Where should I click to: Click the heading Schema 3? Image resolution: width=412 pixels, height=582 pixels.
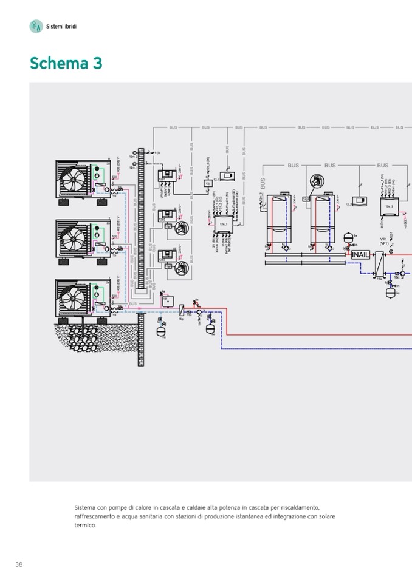click(x=66, y=63)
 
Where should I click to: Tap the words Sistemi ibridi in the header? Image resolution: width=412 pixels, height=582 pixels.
click(x=61, y=26)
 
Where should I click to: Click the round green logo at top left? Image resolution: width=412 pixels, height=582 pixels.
click(x=35, y=26)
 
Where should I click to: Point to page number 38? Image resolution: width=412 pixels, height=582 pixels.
click(x=19, y=564)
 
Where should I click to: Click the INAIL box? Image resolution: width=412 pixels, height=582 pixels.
click(x=361, y=254)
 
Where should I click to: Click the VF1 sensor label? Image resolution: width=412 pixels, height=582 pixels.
click(x=383, y=241)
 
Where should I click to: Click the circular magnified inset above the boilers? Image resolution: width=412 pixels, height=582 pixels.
click(x=316, y=181)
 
